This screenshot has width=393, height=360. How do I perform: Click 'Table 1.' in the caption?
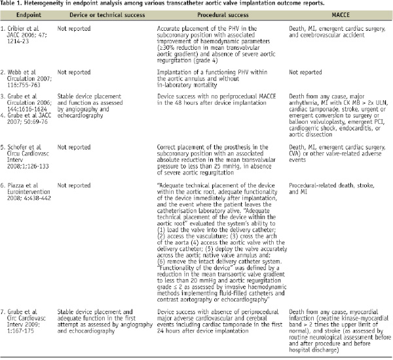tap(13, 4)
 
